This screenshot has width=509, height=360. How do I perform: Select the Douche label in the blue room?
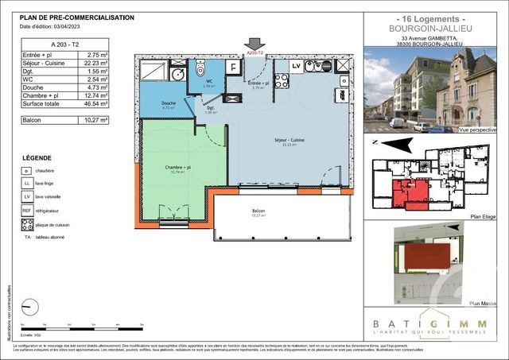coord(169,104)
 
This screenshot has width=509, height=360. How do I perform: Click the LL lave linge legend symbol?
coord(28,184)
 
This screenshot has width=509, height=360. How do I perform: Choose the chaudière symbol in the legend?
coord(28,170)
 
